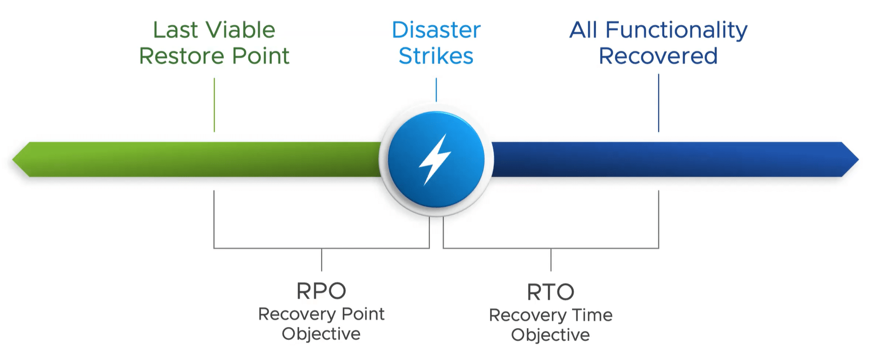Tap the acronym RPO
[321, 291]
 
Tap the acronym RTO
[550, 292]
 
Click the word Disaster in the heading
[436, 30]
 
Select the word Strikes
[436, 56]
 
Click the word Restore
[174, 56]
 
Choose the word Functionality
[676, 31]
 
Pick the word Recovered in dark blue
[658, 56]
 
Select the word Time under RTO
[592, 315]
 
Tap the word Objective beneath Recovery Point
[321, 334]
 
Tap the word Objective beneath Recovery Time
[550, 335]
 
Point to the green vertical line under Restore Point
[214, 105]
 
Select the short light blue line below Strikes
[436, 90]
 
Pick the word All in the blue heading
[584, 30]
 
